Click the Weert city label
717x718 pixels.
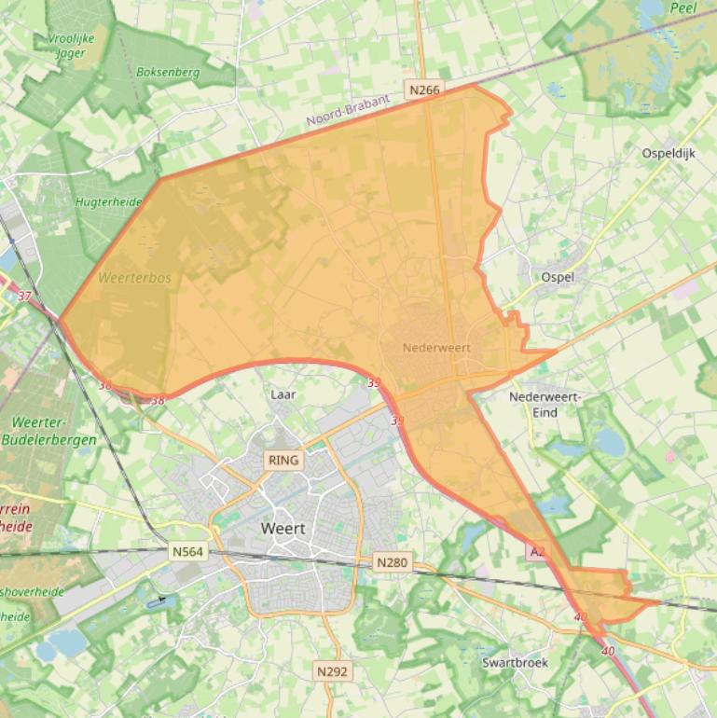pyautogui.click(x=283, y=529)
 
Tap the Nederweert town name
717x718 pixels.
pyautogui.click(x=436, y=348)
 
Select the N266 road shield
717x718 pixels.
pyautogui.click(x=424, y=90)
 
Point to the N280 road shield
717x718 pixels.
pyautogui.click(x=392, y=562)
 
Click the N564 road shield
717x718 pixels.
pyautogui.click(x=187, y=552)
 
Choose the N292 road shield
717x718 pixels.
pyautogui.click(x=332, y=671)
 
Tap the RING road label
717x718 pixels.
pyautogui.click(x=283, y=460)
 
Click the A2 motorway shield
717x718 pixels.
pyautogui.click(x=537, y=552)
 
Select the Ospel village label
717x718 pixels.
pyautogui.click(x=558, y=277)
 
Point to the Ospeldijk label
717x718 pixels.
pyautogui.click(x=669, y=153)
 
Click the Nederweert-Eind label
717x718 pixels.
pyautogui.click(x=545, y=404)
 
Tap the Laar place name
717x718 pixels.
pyautogui.click(x=283, y=394)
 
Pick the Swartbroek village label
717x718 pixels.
pyautogui.click(x=515, y=663)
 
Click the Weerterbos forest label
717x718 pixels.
pyautogui.click(x=134, y=278)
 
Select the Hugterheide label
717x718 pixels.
pyautogui.click(x=108, y=201)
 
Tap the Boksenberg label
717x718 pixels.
pyautogui.click(x=168, y=71)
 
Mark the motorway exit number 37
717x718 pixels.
pyautogui.click(x=24, y=296)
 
